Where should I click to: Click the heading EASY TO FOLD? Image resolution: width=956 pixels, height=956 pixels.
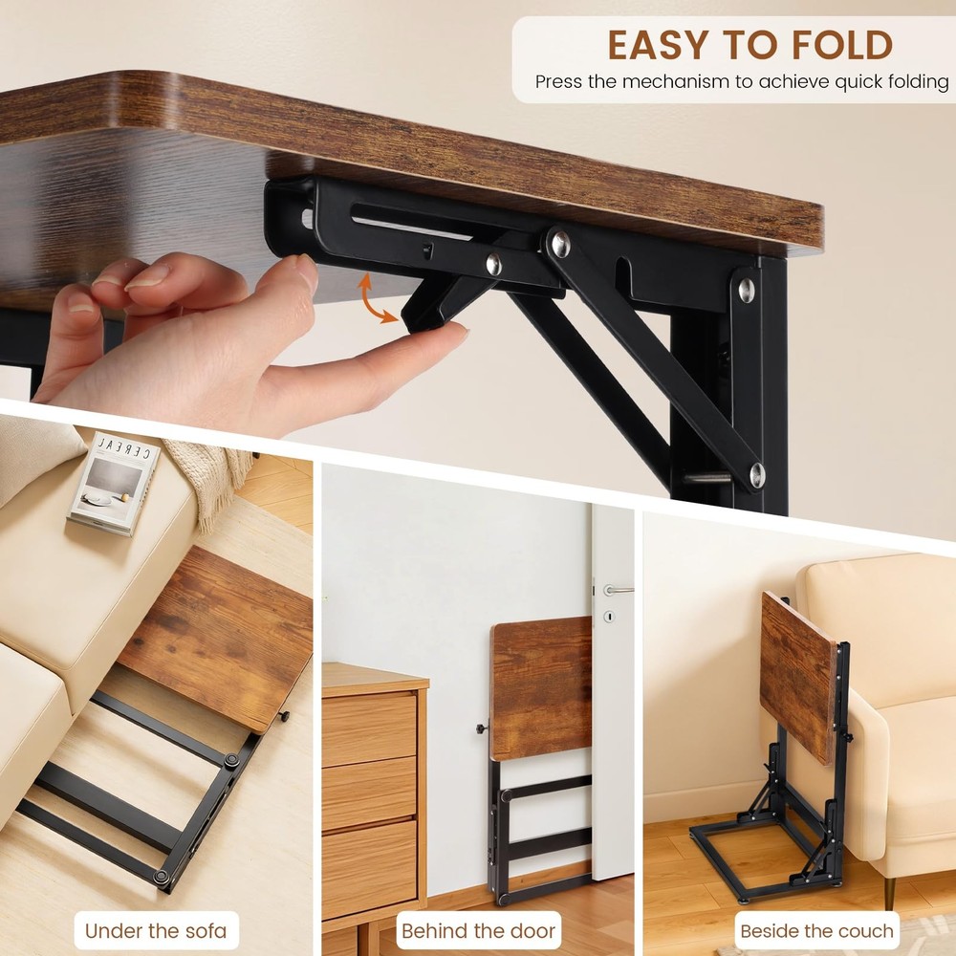(750, 45)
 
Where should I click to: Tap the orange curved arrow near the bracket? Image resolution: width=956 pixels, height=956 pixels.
(377, 299)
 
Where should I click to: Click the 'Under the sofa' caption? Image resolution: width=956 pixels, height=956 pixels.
(155, 930)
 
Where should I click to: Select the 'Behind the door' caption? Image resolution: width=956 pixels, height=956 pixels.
(478, 930)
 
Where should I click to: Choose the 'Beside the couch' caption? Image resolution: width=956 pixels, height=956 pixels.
(816, 930)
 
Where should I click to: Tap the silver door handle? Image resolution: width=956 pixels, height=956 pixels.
(617, 589)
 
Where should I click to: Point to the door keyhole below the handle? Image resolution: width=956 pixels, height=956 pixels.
(608, 617)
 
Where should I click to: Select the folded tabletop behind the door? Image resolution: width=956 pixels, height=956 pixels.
(541, 686)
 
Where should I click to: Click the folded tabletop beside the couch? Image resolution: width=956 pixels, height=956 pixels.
(797, 673)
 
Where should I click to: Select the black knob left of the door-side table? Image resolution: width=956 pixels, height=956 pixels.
(482, 731)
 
